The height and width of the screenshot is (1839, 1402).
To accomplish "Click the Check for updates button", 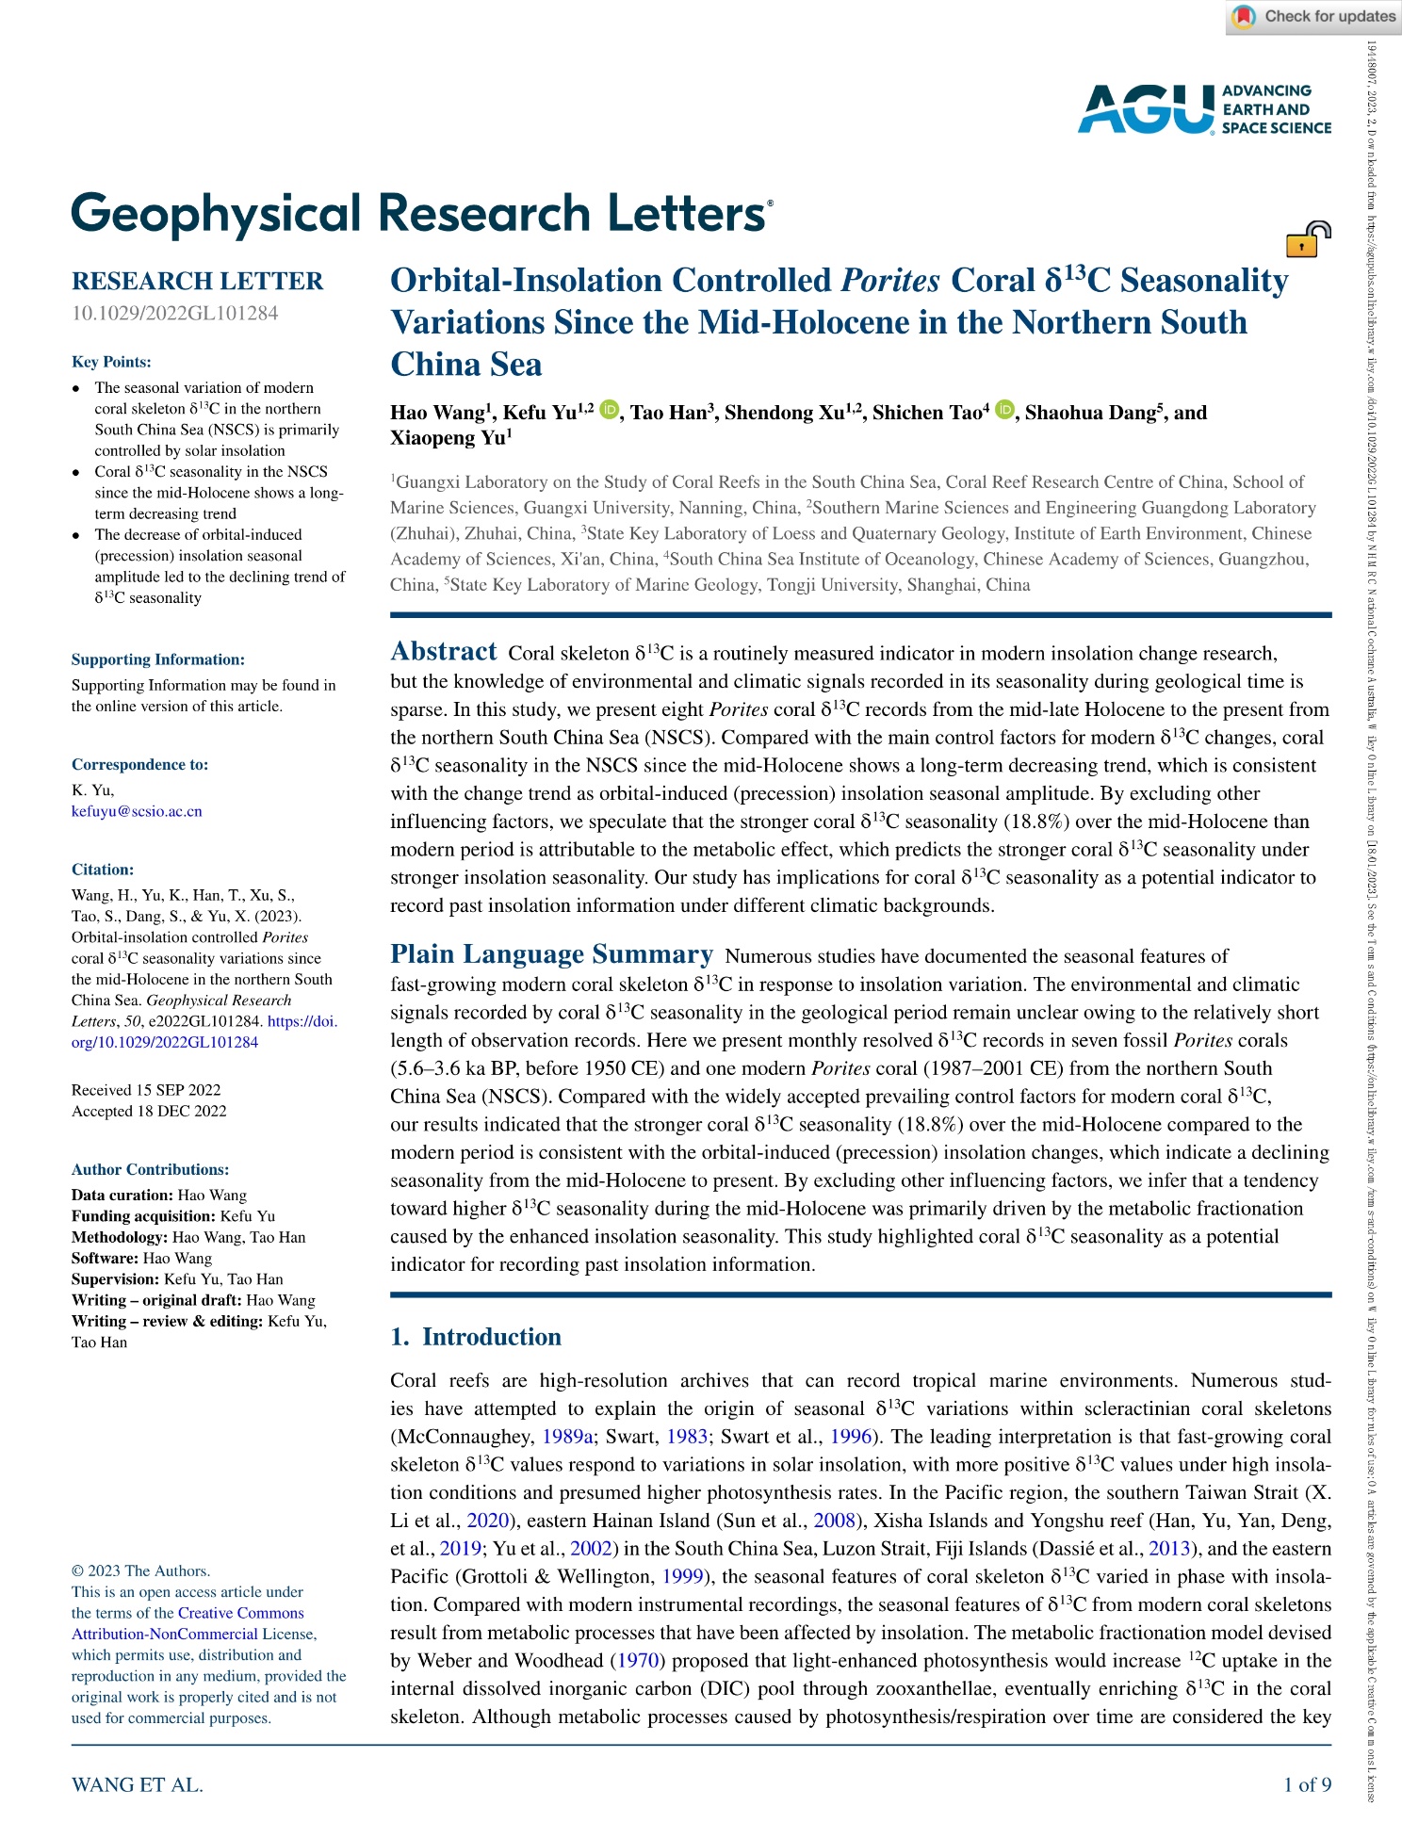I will click(x=1313, y=17).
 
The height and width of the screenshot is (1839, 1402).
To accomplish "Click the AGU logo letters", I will click(x=1146, y=109).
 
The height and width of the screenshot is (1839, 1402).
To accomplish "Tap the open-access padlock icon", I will click(x=1308, y=239).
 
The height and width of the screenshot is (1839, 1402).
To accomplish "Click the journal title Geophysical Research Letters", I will click(x=420, y=214).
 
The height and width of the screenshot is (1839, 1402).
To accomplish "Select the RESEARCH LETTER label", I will click(x=197, y=281).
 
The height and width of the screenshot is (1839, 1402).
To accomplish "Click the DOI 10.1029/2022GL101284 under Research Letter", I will click(x=174, y=313).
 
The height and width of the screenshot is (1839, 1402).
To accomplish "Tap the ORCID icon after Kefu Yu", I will click(x=610, y=410).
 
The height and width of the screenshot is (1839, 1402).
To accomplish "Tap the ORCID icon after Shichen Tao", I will click(x=1004, y=410).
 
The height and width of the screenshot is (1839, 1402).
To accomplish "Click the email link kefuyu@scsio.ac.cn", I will click(x=137, y=811).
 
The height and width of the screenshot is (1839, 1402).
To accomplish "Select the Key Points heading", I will click(x=111, y=362).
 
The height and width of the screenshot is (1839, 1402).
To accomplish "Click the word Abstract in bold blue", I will click(x=443, y=652).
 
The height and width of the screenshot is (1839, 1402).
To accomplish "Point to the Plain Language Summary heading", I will click(x=551, y=954).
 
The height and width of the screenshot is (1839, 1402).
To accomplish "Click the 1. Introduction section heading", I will click(x=476, y=1337).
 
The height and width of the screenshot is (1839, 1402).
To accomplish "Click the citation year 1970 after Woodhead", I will click(x=638, y=1660).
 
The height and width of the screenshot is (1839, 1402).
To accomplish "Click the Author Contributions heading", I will click(x=150, y=1169).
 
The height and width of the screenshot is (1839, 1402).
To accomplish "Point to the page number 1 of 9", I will click(x=1307, y=1784).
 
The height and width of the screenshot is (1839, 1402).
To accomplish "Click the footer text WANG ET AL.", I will click(x=137, y=1784).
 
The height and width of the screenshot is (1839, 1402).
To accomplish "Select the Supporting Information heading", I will click(x=157, y=659).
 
